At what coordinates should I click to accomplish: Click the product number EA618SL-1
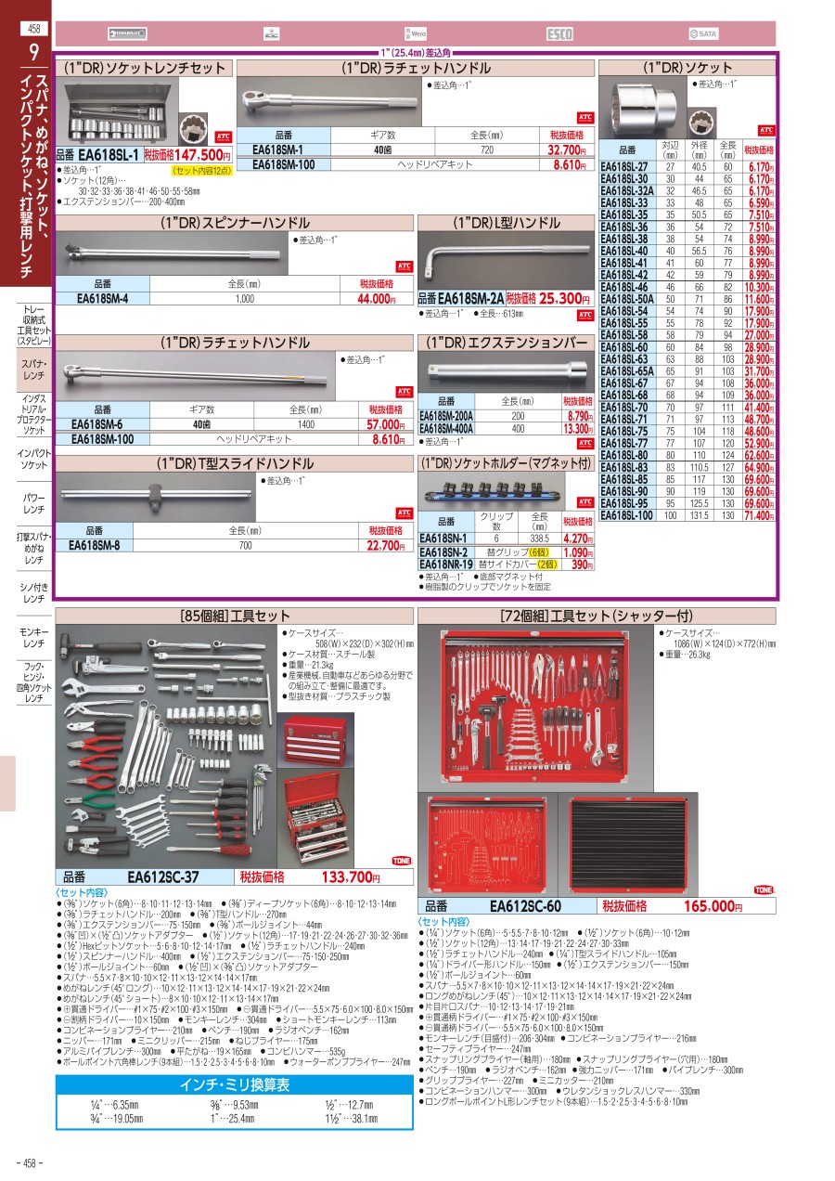click(x=109, y=155)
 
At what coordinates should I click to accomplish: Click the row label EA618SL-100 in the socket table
click(x=626, y=515)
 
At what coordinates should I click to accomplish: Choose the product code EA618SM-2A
click(x=471, y=298)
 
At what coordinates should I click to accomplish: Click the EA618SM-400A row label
click(x=446, y=429)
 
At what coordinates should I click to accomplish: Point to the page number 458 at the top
click(x=34, y=28)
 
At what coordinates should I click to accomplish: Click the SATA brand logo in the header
click(x=704, y=34)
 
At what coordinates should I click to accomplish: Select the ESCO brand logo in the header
click(x=559, y=34)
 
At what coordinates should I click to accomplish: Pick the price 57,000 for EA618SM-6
click(x=381, y=425)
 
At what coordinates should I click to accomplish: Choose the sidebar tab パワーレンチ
click(x=34, y=503)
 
